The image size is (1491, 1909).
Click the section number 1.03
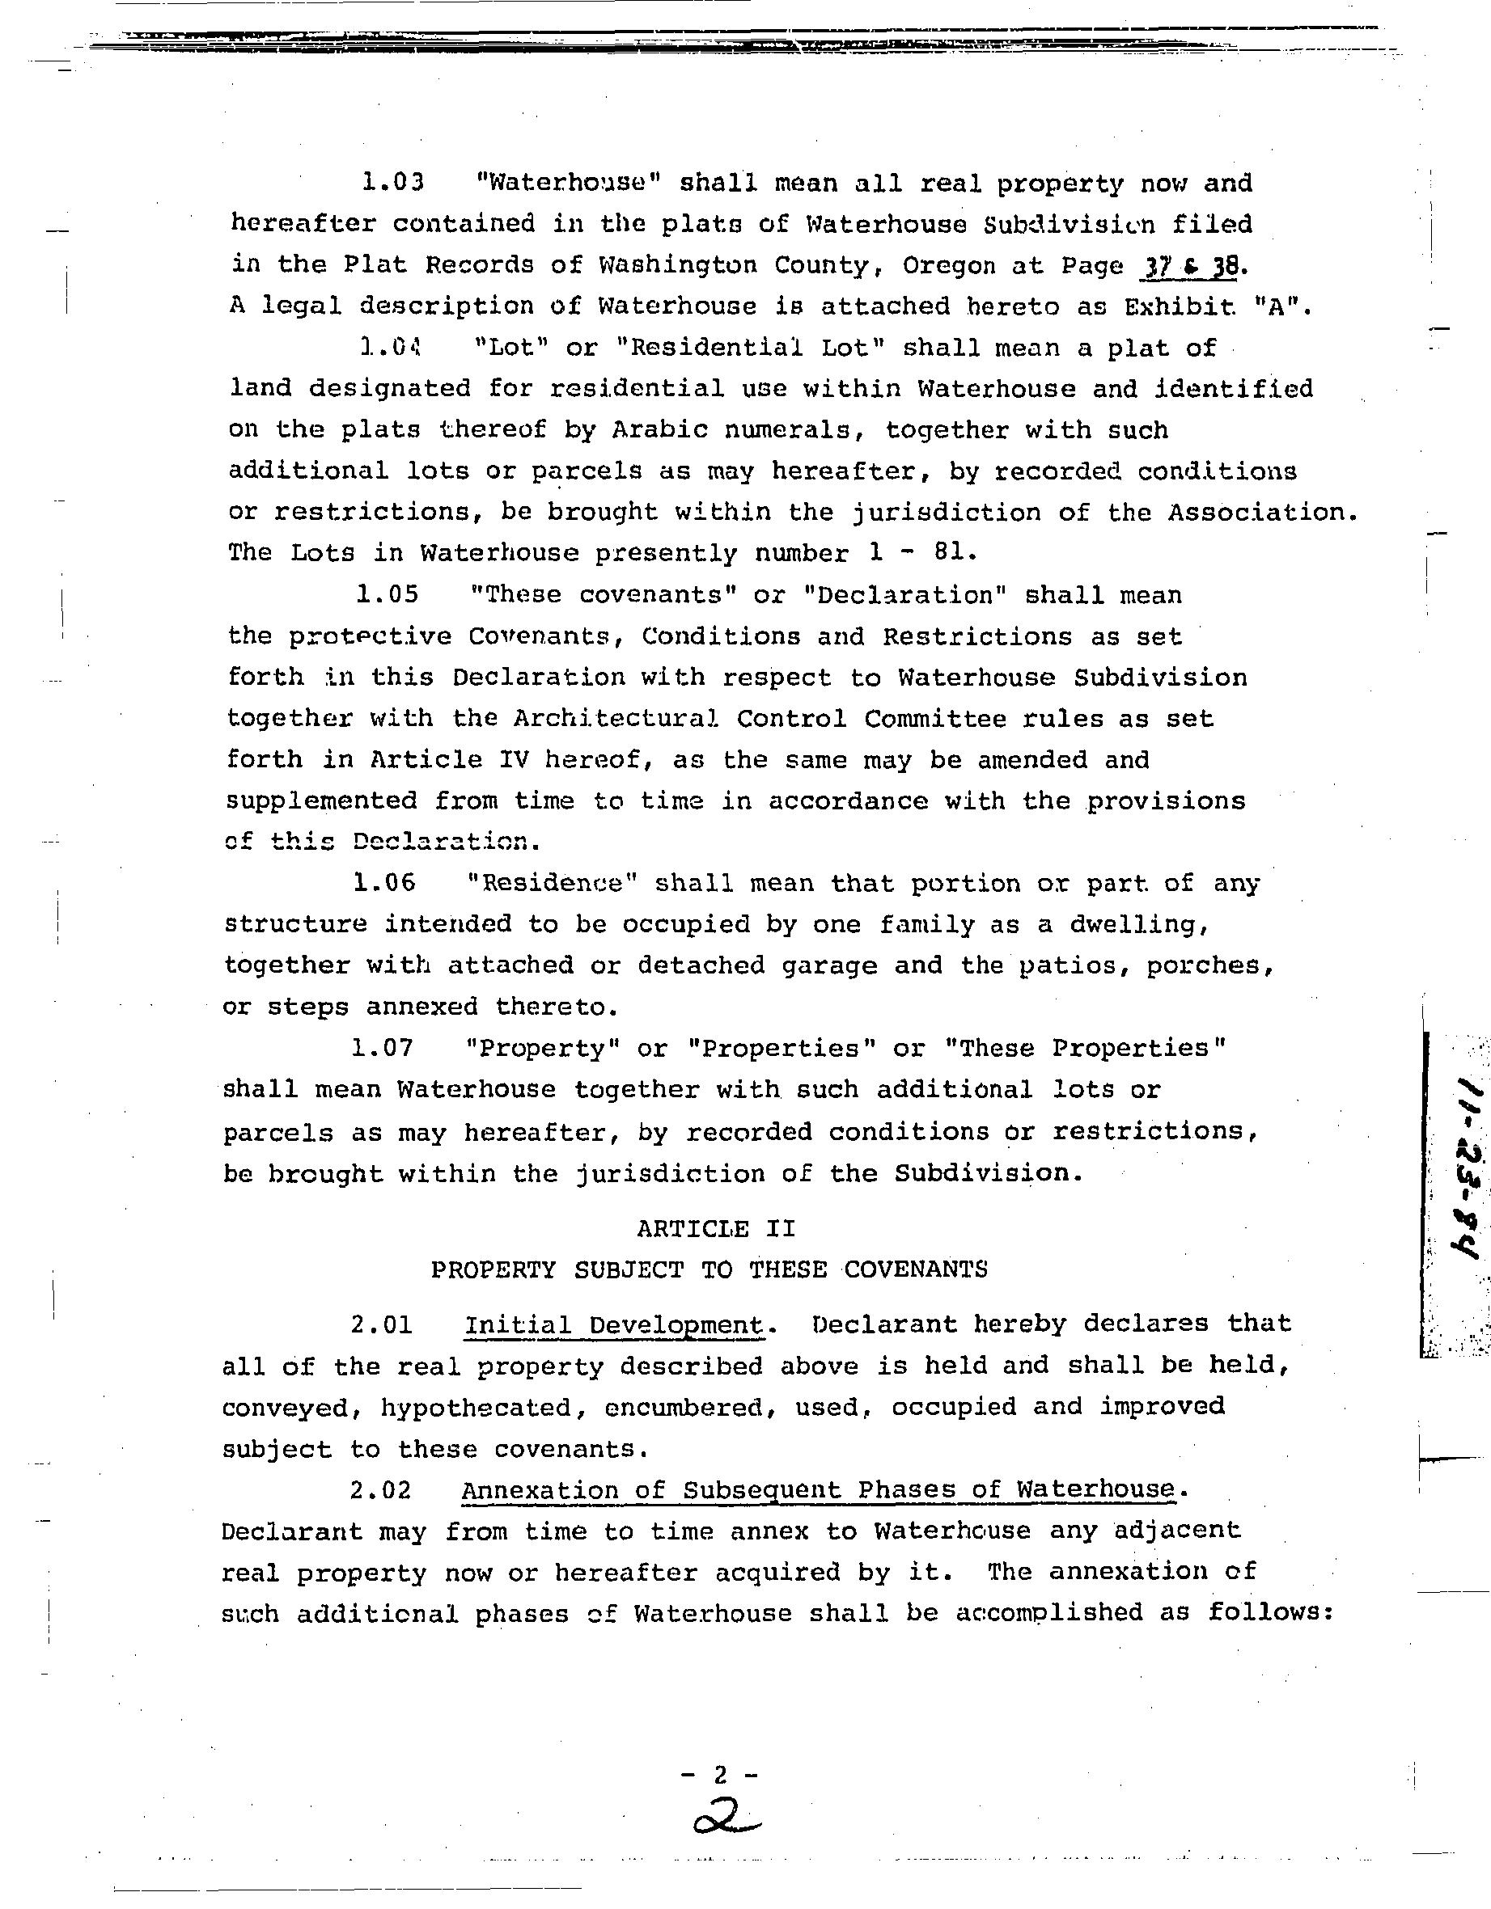[392, 183]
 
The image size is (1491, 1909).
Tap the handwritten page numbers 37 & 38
[1189, 266]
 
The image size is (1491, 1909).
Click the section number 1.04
[390, 348]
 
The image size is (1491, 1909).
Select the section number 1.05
[388, 594]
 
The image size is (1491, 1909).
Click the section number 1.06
[385, 883]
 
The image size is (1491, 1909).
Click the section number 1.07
[383, 1047]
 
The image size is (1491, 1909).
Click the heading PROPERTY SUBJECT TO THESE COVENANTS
[709, 1269]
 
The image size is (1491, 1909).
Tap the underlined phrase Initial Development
[614, 1325]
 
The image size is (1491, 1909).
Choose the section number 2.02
[381, 1489]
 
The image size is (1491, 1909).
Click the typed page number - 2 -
[720, 1775]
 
